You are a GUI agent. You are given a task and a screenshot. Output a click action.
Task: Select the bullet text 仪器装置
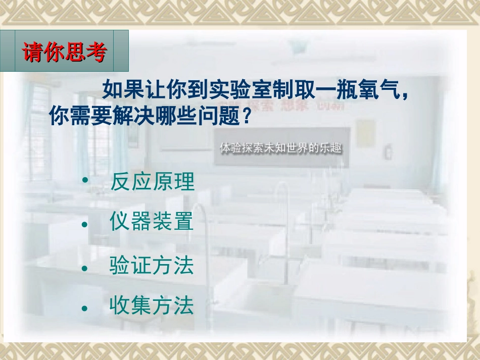(152, 223)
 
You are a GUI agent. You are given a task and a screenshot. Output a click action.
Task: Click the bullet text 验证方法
(152, 266)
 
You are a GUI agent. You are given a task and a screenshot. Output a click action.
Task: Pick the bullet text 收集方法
(152, 306)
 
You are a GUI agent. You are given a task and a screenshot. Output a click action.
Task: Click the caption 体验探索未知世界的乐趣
(281, 148)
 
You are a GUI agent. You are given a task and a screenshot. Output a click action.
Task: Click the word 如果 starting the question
(123, 92)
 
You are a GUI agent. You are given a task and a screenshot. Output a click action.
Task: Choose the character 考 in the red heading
(96, 52)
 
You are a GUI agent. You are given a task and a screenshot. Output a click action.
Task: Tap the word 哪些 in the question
(170, 117)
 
